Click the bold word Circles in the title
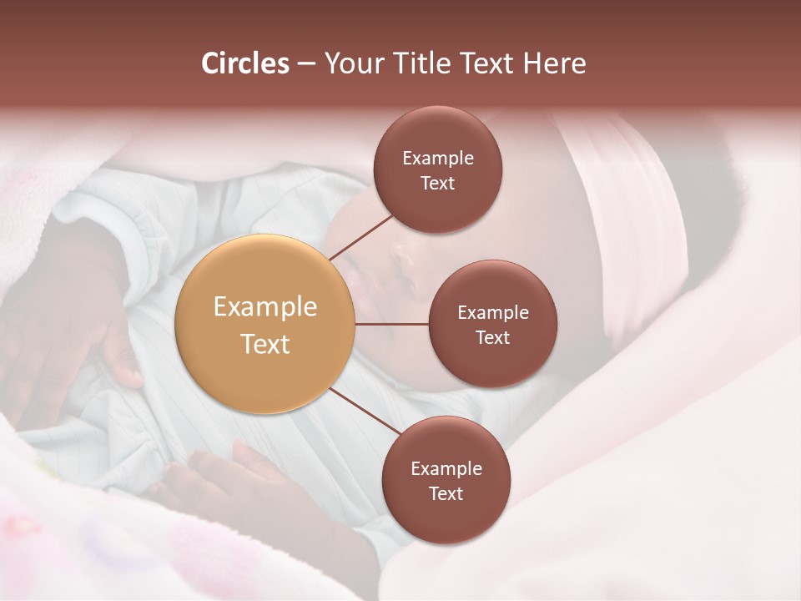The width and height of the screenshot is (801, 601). click(x=244, y=63)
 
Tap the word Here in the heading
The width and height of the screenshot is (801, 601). click(x=555, y=63)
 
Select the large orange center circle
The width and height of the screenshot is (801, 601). click(x=264, y=324)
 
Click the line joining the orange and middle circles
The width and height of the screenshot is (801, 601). click(x=392, y=324)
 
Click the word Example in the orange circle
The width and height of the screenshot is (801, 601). click(x=264, y=307)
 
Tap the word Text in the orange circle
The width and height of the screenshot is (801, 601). click(x=264, y=344)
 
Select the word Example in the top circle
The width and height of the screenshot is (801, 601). click(x=437, y=159)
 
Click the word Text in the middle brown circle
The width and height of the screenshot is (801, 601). click(x=492, y=337)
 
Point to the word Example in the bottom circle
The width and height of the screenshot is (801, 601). click(x=446, y=469)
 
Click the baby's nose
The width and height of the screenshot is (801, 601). click(x=404, y=263)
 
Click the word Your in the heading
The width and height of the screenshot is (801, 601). click(x=350, y=63)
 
